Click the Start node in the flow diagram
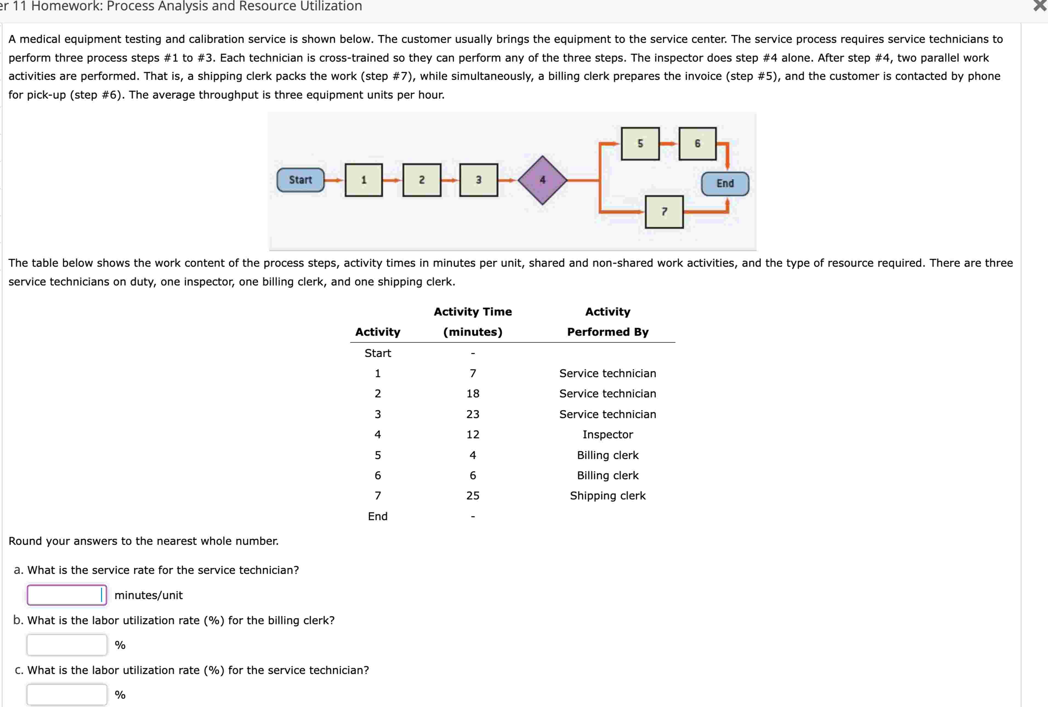[x=300, y=180]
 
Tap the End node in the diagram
[x=725, y=184]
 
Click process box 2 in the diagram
[x=422, y=180]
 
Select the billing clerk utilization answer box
[x=67, y=645]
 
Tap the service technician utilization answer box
[x=67, y=694]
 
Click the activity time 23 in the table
[x=473, y=414]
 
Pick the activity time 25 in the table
[x=473, y=496]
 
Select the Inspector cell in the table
[x=607, y=434]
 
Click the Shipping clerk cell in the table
[x=607, y=496]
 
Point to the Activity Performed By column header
[x=607, y=322]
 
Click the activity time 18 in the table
[x=473, y=393]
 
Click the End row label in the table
[x=377, y=516]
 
